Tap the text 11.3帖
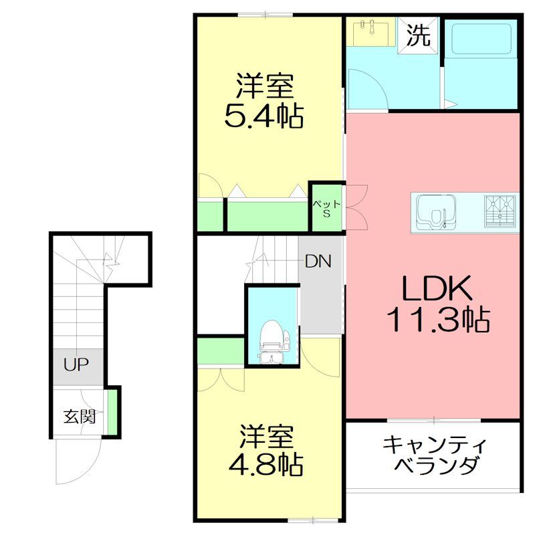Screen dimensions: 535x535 point(437,322)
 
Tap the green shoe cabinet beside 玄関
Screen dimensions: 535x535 point(113,412)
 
